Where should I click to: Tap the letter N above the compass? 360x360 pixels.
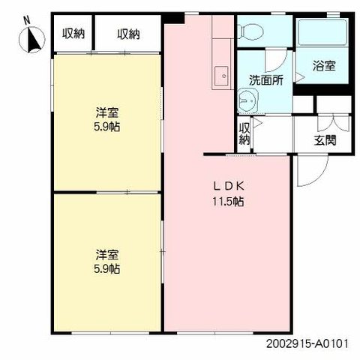27,20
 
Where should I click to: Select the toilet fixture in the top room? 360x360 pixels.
250,31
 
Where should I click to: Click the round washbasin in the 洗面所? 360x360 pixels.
248,100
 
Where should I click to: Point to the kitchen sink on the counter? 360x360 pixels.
221,76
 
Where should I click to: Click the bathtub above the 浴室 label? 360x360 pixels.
322,33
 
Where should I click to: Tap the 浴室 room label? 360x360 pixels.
324,66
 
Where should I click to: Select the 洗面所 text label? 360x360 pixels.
266,80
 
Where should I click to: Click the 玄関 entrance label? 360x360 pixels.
325,140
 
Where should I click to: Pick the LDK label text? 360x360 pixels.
228,186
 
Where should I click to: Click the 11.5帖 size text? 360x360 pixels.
228,201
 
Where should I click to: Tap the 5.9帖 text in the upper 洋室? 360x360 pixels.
107,127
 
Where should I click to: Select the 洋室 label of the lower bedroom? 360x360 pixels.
107,254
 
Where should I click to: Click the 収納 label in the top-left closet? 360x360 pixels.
73,34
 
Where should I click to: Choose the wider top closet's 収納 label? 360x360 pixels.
128,34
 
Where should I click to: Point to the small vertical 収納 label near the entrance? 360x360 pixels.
244,134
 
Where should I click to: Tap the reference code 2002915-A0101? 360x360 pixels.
307,343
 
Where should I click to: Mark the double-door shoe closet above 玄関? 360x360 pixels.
333,124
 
